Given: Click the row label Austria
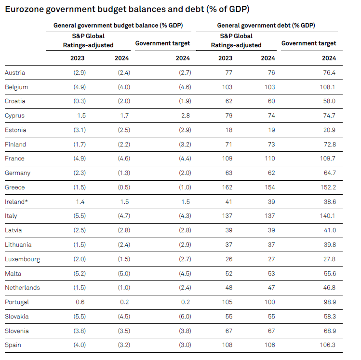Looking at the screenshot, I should pyautogui.click(x=15, y=73).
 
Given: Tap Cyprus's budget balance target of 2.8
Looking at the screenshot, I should pyautogui.click(x=185, y=116).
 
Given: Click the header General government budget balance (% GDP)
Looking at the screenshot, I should pyautogui.click(x=118, y=26).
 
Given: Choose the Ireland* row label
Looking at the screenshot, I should pyautogui.click(x=16, y=202).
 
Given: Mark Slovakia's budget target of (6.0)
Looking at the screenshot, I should pyautogui.click(x=184, y=317).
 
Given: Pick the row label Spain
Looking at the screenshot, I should pyautogui.click(x=13, y=345).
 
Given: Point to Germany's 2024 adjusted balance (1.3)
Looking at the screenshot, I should pyautogui.click(x=123, y=173).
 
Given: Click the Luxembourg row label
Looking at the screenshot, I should pyautogui.click(x=22, y=259).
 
